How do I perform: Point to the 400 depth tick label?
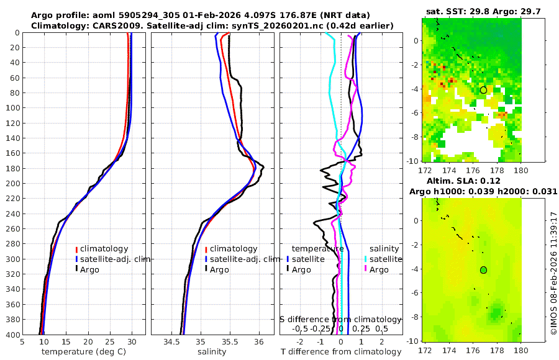[x=12, y=335]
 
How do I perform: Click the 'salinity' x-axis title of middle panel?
[x=211, y=352]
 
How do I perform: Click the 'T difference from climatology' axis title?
[x=341, y=352]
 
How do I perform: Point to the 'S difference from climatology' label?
[x=340, y=319]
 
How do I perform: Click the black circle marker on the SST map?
[x=483, y=90]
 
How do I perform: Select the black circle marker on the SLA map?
[x=483, y=269]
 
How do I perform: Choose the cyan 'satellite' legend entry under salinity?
[x=382, y=259]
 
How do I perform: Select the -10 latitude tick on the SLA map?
[x=411, y=341]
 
